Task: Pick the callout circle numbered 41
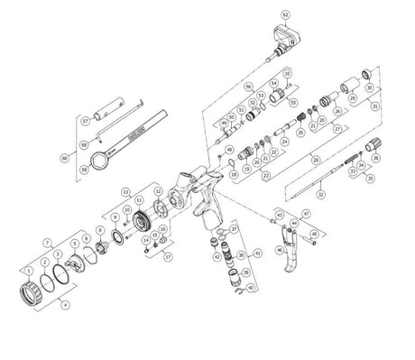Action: click(257, 255)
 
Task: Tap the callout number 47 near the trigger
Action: click(306, 214)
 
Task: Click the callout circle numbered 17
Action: click(169, 255)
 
